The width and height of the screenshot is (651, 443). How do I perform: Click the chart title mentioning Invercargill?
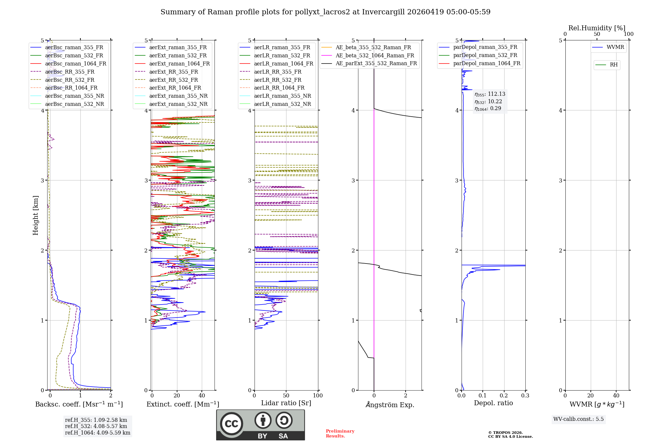325,12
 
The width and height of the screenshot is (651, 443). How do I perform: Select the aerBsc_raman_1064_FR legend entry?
76,64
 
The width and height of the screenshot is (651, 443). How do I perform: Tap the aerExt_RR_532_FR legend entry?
173,80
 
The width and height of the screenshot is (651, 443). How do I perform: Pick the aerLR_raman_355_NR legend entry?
282,96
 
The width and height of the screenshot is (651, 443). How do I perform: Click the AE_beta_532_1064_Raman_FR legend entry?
375,56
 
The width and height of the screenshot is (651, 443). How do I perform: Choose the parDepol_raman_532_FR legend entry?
485,55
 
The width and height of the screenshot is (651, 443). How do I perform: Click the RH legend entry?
614,65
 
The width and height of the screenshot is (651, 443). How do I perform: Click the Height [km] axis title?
35,215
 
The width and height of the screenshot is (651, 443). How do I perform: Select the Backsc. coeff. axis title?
79,404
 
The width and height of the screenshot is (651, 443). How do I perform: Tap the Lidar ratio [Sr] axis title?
286,403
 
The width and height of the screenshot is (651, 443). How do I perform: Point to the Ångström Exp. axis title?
390,405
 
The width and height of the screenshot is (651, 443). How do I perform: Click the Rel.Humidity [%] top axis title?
597,28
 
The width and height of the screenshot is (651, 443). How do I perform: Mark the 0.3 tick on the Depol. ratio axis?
525,396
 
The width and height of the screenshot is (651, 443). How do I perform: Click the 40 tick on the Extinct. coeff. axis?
202,396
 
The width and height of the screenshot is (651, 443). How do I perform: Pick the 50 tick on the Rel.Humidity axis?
597,34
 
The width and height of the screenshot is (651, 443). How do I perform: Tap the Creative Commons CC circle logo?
231,423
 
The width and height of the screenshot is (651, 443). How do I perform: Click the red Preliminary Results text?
340,434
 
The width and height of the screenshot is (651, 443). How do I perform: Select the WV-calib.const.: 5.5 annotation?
578,419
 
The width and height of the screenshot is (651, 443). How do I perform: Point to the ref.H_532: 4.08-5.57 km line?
96,426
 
